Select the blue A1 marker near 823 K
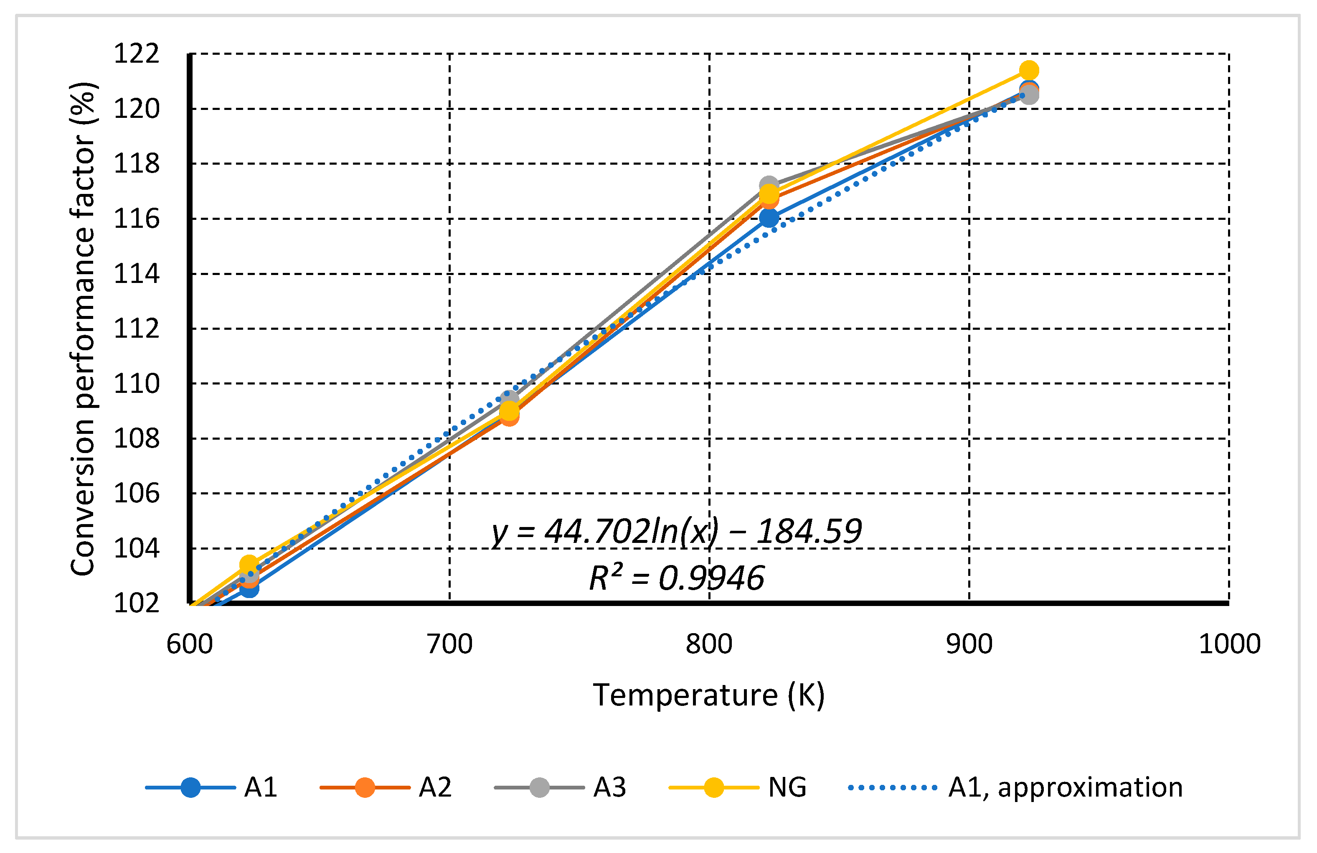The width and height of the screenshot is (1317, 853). tap(769, 218)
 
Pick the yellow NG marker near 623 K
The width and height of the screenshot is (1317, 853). tap(249, 564)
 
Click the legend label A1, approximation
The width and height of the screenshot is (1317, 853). tap(1065, 787)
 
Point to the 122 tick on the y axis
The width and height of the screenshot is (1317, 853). tap(136, 53)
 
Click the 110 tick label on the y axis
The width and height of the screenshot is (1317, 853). tap(136, 384)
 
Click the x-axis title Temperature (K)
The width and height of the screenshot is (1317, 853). tap(709, 695)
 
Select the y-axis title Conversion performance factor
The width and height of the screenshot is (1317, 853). tap(83, 329)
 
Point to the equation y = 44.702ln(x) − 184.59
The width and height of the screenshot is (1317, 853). tap(676, 531)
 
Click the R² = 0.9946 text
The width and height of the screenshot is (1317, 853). tap(676, 578)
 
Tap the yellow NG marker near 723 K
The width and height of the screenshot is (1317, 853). tap(509, 410)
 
